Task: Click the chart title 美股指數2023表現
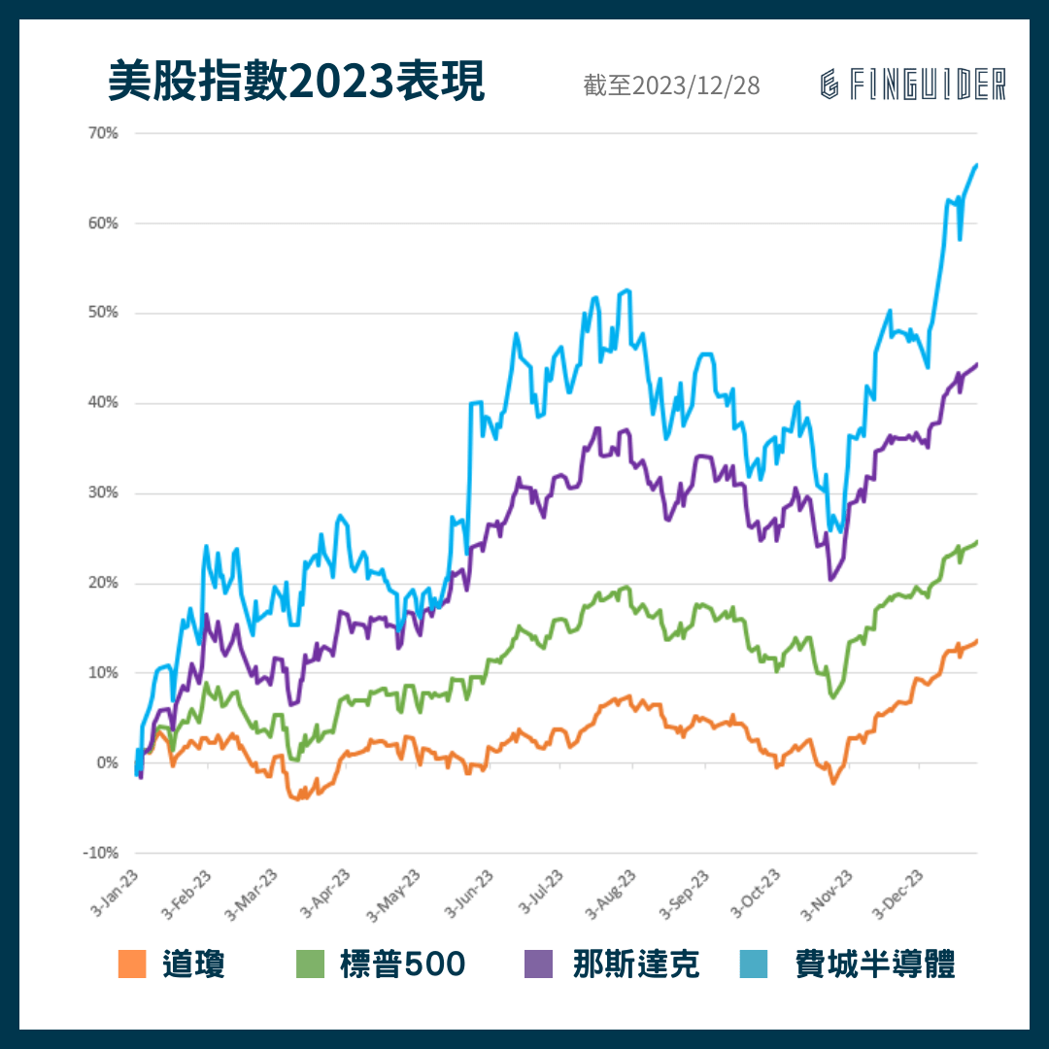[x=296, y=84]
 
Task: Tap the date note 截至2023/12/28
[x=672, y=85]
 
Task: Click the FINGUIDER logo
[x=913, y=85]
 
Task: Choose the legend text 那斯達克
[x=636, y=964]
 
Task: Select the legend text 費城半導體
[x=875, y=964]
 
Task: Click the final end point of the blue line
[x=976, y=165]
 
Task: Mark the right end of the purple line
[x=976, y=364]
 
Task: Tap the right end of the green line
[x=976, y=542]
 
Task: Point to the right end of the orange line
[x=976, y=640]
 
